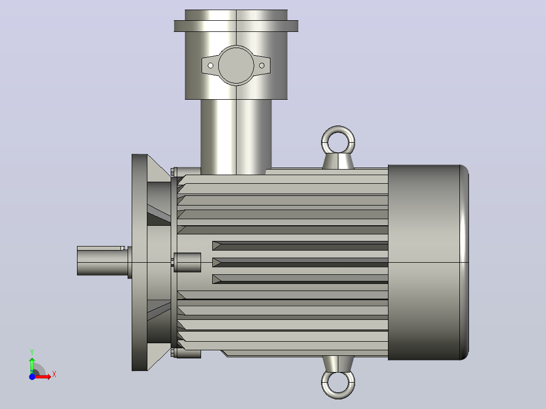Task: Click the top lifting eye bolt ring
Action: pyautogui.click(x=338, y=129)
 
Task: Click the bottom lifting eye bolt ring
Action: pyautogui.click(x=338, y=396)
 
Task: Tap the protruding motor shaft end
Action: pyautogui.click(x=103, y=261)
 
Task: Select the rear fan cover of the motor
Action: pyautogui.click(x=428, y=262)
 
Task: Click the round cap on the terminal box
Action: pyautogui.click(x=236, y=65)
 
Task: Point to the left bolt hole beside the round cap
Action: pyautogui.click(x=210, y=65)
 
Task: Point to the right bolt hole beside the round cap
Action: pyautogui.click(x=262, y=65)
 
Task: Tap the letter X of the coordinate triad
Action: pyautogui.click(x=54, y=375)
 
